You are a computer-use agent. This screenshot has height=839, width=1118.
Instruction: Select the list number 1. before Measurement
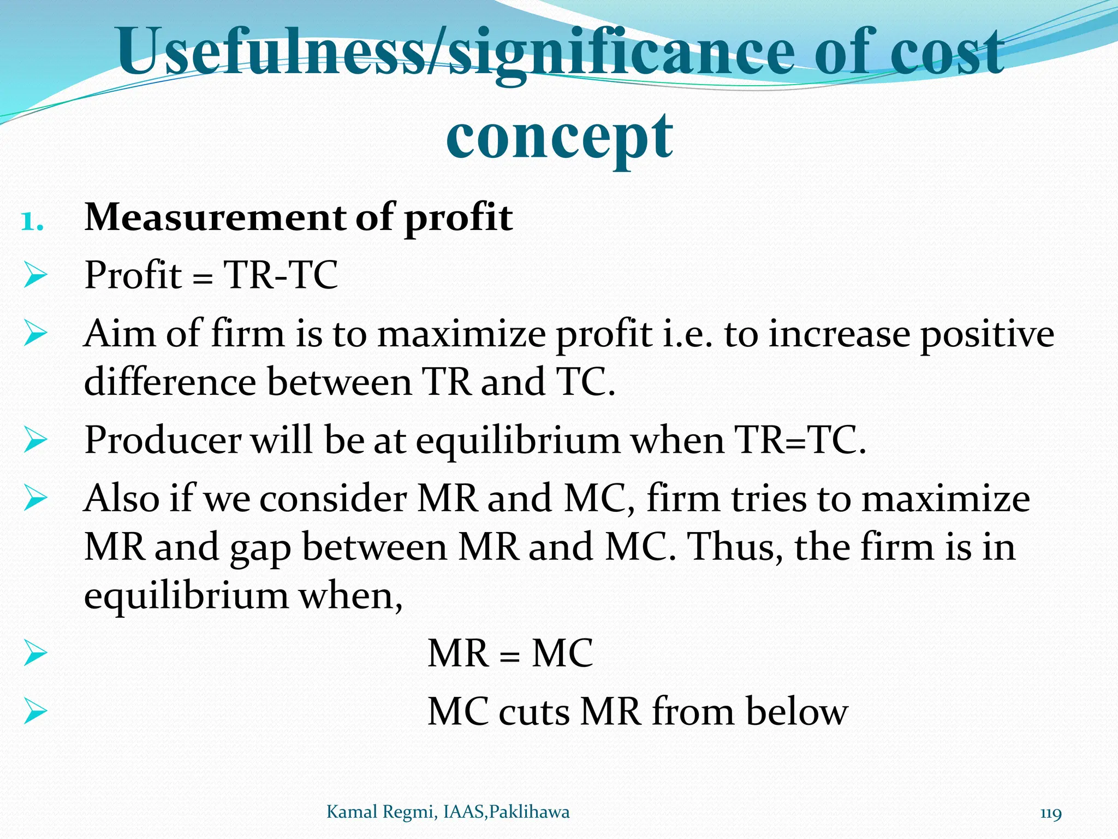point(32,222)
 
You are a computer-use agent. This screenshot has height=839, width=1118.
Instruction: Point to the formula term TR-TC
point(281,275)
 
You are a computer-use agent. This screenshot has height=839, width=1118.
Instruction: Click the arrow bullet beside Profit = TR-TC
point(35,275)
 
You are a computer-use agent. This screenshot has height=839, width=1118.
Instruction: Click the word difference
point(170,382)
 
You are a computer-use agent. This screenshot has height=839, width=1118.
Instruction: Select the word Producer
point(163,440)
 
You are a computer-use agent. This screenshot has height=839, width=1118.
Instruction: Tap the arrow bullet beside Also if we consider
point(35,499)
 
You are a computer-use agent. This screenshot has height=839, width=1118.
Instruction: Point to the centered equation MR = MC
point(510,653)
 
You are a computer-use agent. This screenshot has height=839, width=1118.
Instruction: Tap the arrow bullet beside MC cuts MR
point(35,712)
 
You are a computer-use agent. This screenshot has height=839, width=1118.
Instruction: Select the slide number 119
point(1051,813)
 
